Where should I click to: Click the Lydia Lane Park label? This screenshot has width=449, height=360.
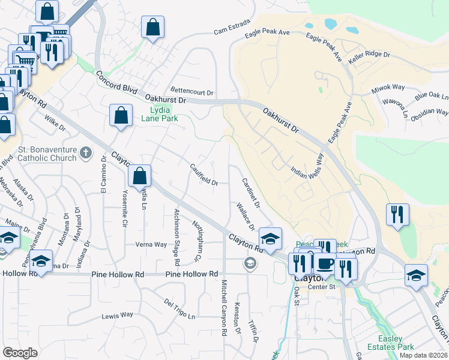(160, 114)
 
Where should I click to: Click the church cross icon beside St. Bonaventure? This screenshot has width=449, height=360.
(86, 153)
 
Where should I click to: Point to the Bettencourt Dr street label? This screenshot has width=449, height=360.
(192, 92)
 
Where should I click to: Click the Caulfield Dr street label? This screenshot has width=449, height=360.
(203, 175)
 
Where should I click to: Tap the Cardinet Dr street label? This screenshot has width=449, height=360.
(250, 193)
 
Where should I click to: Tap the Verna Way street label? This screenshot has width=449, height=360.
(151, 244)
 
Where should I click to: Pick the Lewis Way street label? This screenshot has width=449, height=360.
(117, 315)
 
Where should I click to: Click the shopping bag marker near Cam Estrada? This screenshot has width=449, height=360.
(153, 26)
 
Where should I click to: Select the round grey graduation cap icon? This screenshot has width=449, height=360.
(250, 263)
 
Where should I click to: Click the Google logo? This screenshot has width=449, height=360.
(20, 353)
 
